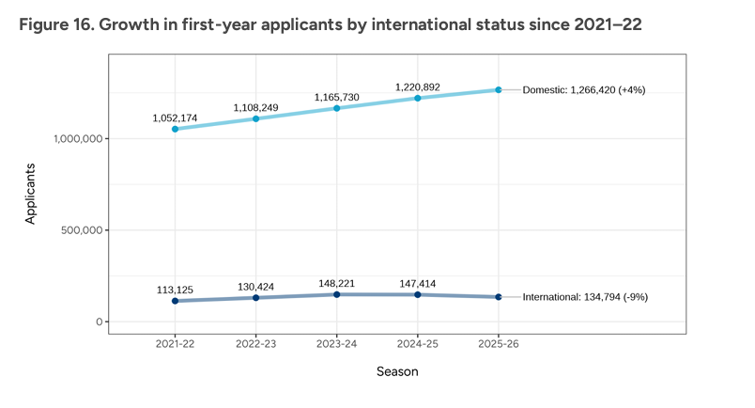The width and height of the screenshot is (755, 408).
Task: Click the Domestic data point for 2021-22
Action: click(x=176, y=129)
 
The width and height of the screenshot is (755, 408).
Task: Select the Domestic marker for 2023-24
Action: click(x=337, y=108)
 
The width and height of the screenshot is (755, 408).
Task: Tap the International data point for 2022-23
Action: click(x=256, y=298)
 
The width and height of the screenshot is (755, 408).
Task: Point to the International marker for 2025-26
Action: click(x=499, y=297)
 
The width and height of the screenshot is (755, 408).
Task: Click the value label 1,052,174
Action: click(x=176, y=118)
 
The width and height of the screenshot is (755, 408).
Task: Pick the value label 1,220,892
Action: click(x=418, y=87)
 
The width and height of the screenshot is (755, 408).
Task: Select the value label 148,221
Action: click(x=337, y=282)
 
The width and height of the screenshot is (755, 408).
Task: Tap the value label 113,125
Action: click(x=176, y=289)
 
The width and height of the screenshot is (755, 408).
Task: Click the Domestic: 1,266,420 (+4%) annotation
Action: click(x=584, y=90)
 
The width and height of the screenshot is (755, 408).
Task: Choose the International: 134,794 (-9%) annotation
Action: click(x=585, y=297)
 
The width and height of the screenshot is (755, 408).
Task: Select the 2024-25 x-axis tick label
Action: click(x=418, y=344)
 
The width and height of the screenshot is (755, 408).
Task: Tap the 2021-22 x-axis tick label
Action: click(x=176, y=344)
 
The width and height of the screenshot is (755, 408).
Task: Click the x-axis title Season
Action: click(x=397, y=371)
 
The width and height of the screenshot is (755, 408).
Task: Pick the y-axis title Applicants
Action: click(x=30, y=194)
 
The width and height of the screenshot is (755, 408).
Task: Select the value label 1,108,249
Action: click(x=256, y=107)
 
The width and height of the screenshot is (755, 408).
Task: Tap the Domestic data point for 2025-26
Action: click(x=499, y=90)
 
